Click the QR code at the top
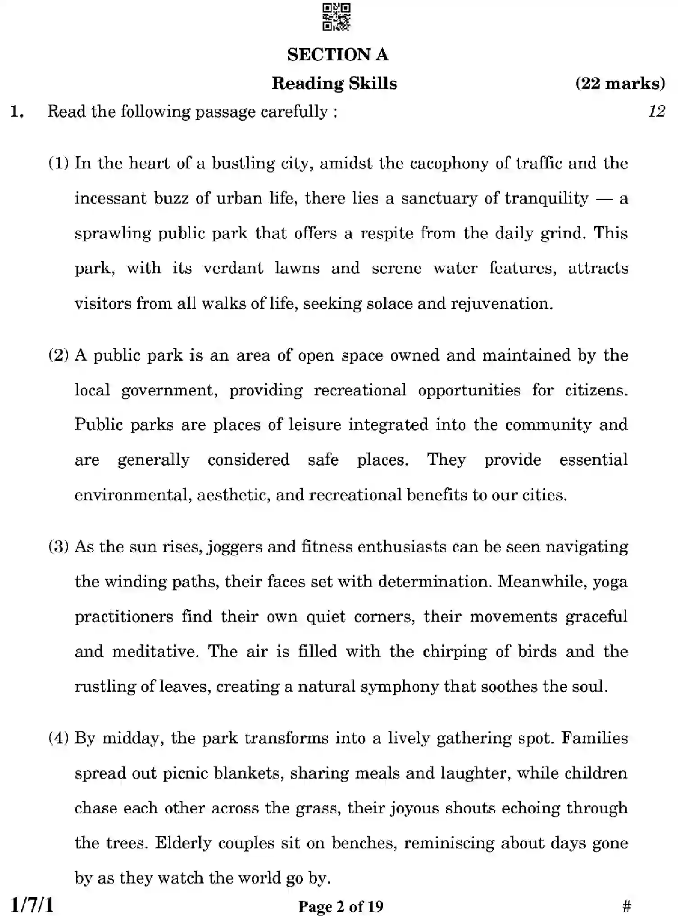coord(336,17)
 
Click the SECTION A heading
coord(337,55)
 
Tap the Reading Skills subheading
coord(334,83)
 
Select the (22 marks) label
coord(620,83)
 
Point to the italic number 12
coord(656,111)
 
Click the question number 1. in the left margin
coord(17,112)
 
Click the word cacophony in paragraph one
coord(449,163)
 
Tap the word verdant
coord(233,268)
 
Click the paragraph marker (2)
coord(59,355)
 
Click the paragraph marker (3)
coord(59,547)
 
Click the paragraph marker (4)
coord(59,738)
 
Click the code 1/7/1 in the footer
coord(32,905)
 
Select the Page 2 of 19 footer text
coord(341,906)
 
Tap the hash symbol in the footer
coord(626,906)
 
